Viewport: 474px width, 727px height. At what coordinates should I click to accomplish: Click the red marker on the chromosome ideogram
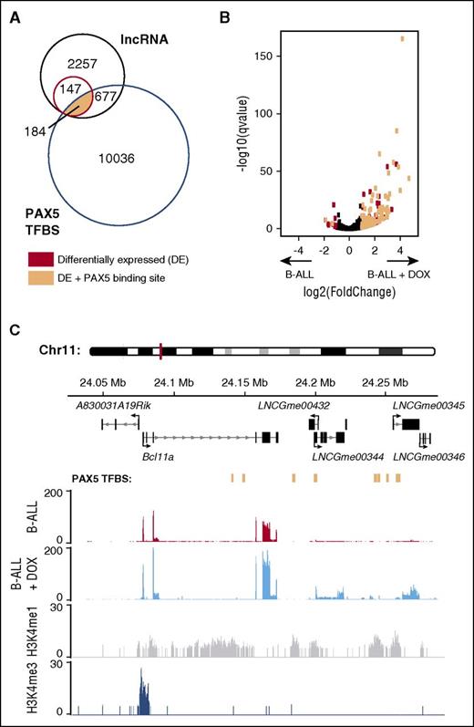click(x=160, y=349)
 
